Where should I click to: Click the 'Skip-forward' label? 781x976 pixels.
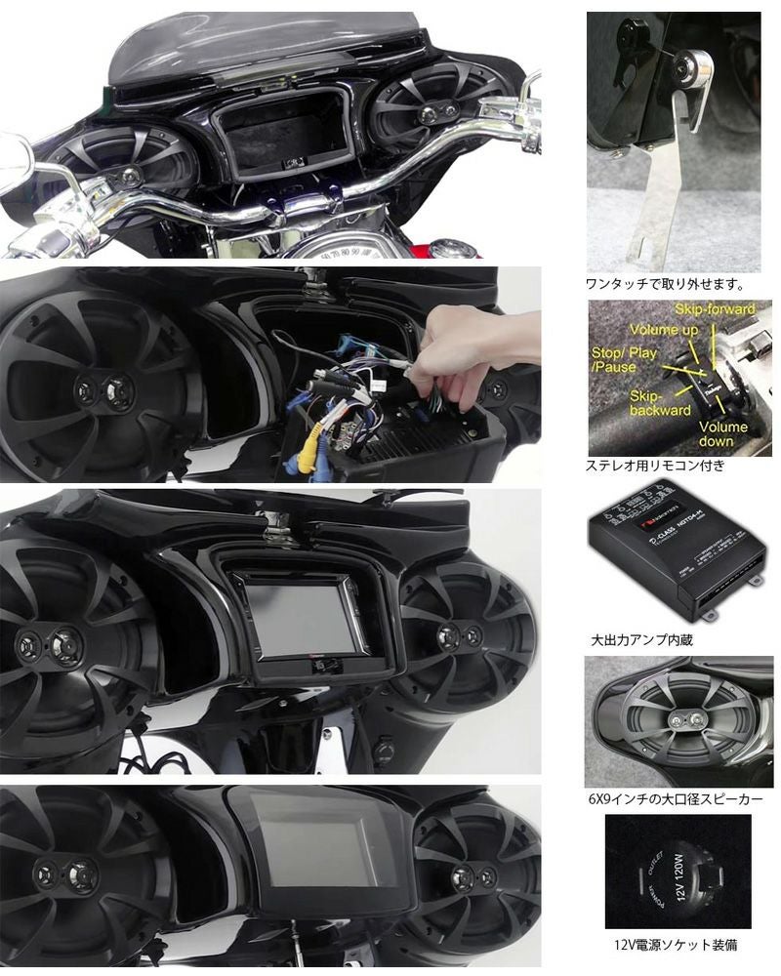pos(719,309)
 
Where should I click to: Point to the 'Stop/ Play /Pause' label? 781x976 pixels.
pos(623,359)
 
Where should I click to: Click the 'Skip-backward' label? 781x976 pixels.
pos(632,404)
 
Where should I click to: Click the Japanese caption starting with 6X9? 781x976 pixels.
pos(676,799)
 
